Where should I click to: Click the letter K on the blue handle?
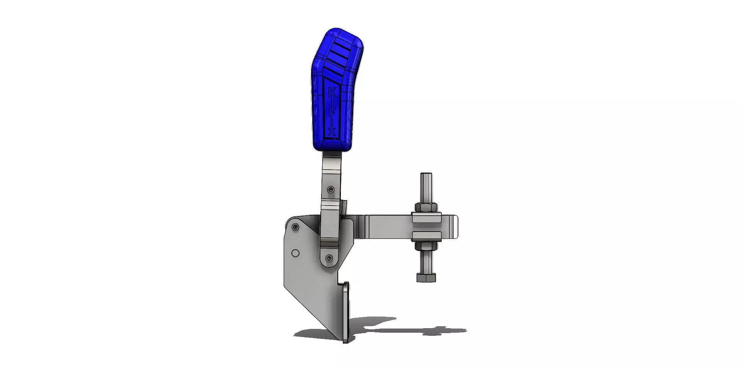click(332, 93)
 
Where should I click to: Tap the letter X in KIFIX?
click(332, 132)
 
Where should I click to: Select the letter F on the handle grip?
click(332, 112)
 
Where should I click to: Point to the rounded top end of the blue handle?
click(340, 32)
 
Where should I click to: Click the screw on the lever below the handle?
click(331, 189)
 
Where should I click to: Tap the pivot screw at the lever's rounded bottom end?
click(329, 258)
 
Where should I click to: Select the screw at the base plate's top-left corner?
click(296, 227)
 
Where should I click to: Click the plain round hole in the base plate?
click(295, 254)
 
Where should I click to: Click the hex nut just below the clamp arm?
click(426, 245)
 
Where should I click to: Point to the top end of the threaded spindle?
click(426, 176)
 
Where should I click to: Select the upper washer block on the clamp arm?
click(426, 218)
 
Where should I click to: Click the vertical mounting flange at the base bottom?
click(345, 313)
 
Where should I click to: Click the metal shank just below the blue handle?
click(332, 162)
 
